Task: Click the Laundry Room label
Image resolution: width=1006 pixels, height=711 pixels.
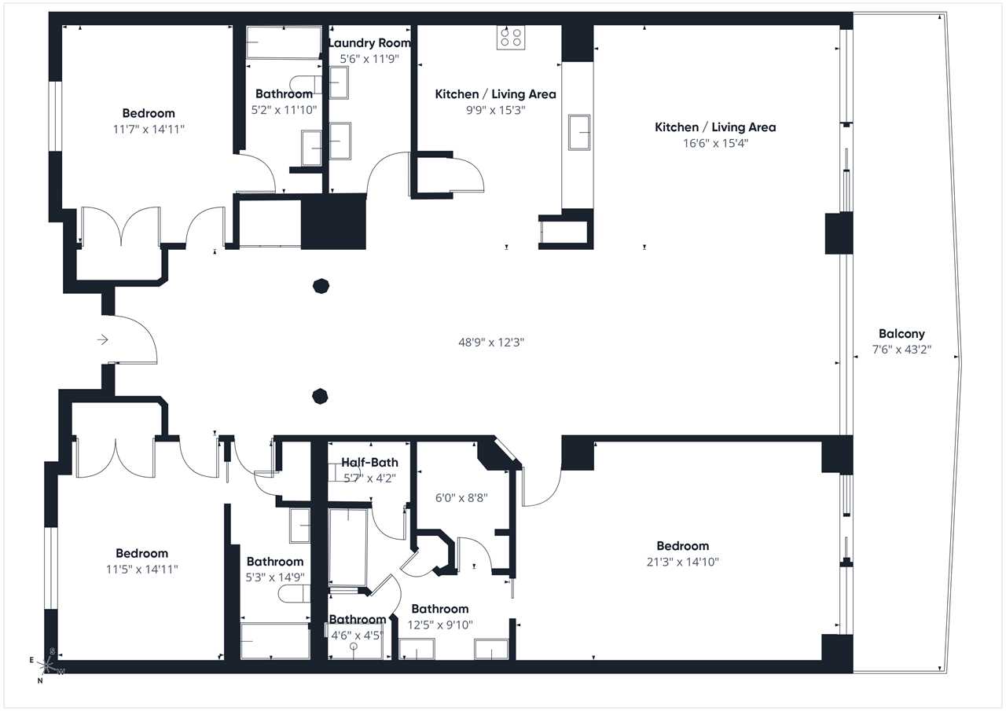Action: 369,43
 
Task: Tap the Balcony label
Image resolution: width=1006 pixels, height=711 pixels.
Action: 901,334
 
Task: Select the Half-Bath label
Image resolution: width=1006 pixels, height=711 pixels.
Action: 369,462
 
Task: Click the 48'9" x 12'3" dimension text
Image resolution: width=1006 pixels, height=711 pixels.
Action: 491,343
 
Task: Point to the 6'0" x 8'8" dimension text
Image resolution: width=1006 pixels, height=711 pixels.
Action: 461,498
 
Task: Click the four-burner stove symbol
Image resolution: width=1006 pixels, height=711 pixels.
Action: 511,37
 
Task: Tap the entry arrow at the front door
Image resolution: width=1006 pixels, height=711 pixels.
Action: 103,340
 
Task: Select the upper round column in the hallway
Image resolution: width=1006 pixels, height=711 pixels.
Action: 321,286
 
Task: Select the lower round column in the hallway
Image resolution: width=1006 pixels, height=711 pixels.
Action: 320,396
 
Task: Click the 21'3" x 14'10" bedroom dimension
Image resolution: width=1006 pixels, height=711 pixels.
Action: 683,562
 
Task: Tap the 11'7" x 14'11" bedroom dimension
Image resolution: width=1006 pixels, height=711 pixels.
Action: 149,130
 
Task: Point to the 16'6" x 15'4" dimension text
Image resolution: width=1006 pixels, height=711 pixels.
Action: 715,144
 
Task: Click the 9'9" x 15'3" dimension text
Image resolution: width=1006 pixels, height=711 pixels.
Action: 495,111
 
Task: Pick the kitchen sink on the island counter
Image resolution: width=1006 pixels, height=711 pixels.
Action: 579,133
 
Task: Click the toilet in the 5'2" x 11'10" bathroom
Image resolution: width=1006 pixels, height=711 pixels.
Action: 306,84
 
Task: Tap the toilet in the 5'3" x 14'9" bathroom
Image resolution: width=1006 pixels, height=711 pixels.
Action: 294,594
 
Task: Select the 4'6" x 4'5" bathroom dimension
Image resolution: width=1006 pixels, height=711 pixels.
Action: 357,636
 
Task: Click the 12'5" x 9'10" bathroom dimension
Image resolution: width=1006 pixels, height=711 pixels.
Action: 440,625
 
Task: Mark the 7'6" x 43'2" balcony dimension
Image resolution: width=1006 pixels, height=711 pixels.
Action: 901,350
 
